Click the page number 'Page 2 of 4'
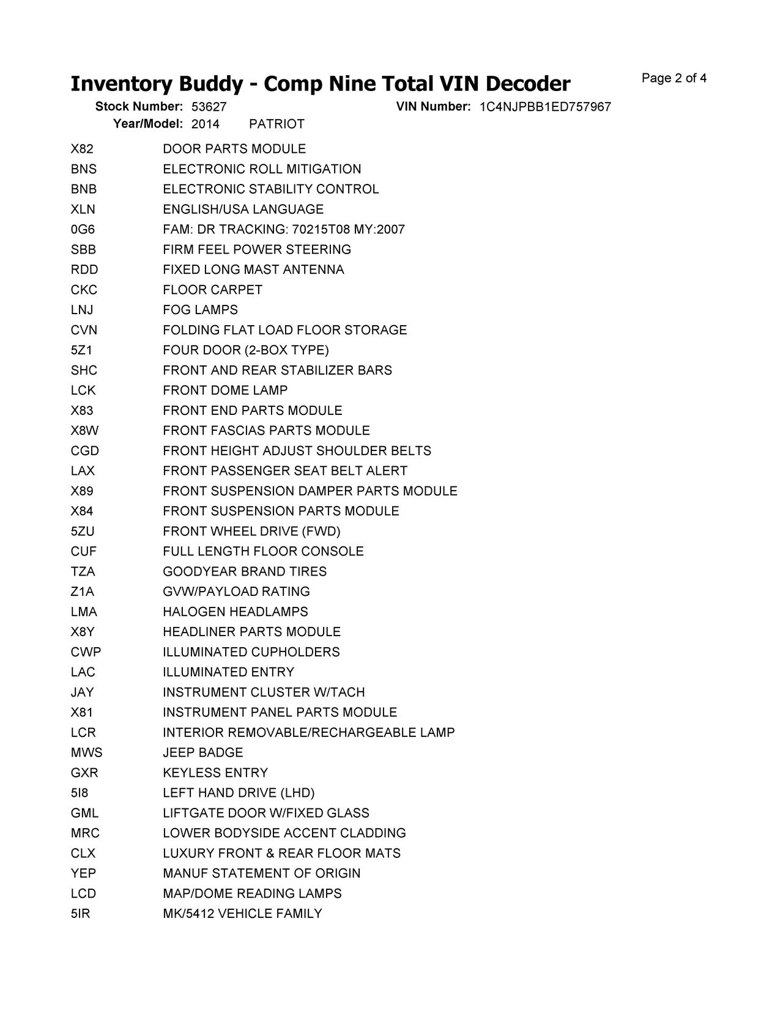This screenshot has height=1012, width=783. tap(674, 78)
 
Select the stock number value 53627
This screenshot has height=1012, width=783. tap(209, 107)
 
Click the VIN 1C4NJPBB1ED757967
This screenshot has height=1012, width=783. tap(545, 107)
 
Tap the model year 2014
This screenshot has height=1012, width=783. tap(206, 124)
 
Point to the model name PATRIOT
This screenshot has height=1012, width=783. tap(276, 124)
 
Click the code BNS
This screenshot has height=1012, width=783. tap(83, 169)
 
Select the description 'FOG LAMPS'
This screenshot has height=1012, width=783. tap(200, 310)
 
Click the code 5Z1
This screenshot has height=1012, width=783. tap(81, 350)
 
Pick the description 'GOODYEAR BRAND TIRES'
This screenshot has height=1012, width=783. tap(245, 571)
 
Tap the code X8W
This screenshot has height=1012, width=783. tap(84, 431)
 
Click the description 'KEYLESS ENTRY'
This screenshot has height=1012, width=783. tap(215, 772)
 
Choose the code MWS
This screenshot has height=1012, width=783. tap(86, 752)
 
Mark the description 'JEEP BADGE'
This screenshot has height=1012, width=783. tap(203, 752)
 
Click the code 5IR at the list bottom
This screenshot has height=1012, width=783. tap(80, 914)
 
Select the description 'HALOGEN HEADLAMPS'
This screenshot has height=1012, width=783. tap(236, 612)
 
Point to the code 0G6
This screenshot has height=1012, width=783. tap(83, 230)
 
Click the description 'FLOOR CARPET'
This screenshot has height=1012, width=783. tap(212, 290)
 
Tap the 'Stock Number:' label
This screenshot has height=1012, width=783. tap(139, 107)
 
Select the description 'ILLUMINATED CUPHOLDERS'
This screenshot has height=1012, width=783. tap(251, 652)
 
